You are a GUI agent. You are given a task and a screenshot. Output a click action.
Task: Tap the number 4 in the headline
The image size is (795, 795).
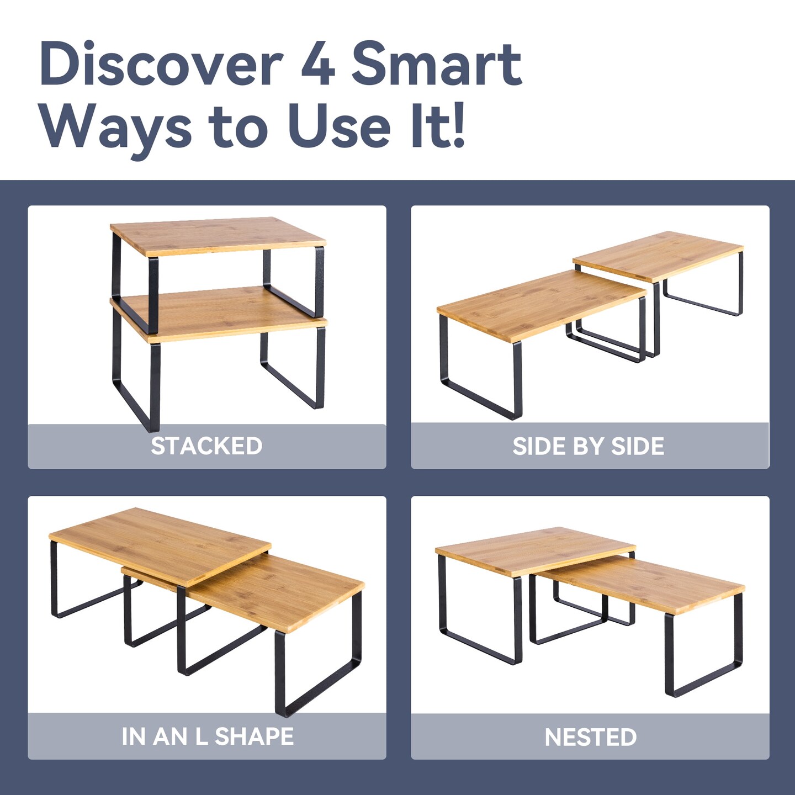[x=317, y=63]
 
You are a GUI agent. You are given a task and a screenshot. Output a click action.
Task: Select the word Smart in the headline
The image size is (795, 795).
[x=437, y=63]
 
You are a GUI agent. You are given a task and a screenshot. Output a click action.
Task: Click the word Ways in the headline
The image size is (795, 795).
[x=118, y=128]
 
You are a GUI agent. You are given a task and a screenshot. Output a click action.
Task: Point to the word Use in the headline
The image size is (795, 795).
[x=343, y=126]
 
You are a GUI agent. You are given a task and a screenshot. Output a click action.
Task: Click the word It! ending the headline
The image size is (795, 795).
[x=438, y=126]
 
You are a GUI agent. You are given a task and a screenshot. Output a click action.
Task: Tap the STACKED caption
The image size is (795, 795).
[x=206, y=446]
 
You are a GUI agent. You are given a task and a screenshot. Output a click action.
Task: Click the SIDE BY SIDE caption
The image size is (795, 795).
[x=589, y=446]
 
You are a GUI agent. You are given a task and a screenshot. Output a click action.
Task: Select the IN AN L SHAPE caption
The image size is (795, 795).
[x=208, y=737]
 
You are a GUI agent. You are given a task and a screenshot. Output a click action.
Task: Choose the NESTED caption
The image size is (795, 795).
[x=591, y=737]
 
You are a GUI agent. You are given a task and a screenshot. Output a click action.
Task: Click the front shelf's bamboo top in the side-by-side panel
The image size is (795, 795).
[x=541, y=305]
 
